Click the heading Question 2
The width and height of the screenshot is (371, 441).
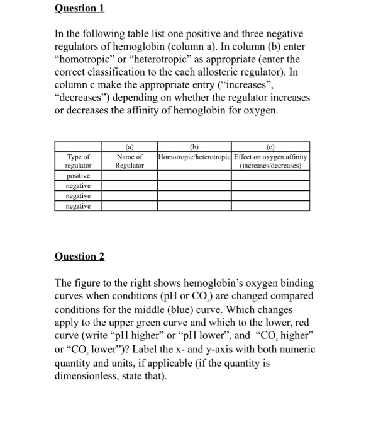coord(79,256)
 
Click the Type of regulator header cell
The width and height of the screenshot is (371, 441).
coord(78,161)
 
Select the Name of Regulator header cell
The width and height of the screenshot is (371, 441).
coord(130,161)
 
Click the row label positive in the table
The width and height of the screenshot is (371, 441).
coord(78,176)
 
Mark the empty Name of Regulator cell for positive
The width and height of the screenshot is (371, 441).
coord(130,176)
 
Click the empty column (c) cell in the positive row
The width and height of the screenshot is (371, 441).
coord(270,176)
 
